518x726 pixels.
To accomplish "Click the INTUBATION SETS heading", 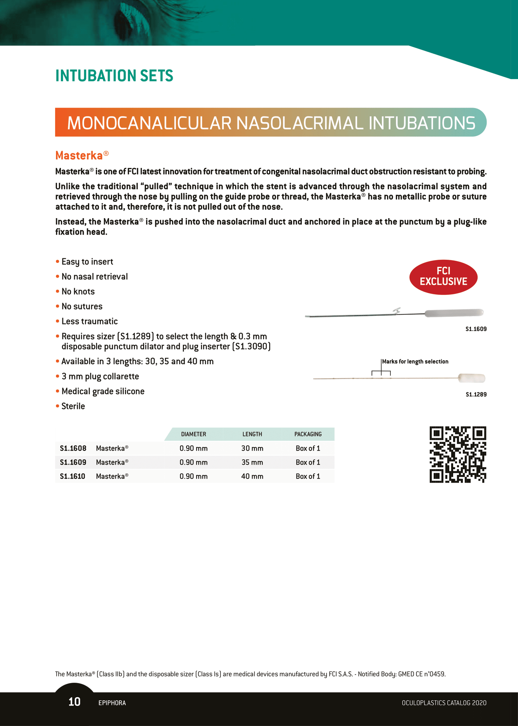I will click(114, 76).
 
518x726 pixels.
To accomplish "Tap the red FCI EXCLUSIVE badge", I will click(443, 277).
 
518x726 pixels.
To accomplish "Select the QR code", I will click(458, 455).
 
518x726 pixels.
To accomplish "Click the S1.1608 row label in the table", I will click(73, 448).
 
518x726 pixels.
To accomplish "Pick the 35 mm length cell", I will click(252, 462).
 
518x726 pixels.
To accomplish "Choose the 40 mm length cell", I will click(252, 476).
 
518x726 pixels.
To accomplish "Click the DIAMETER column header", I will click(194, 434).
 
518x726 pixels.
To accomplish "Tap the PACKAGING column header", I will click(308, 434).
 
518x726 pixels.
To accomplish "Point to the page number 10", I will click(75, 702).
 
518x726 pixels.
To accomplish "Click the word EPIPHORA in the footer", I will click(112, 703).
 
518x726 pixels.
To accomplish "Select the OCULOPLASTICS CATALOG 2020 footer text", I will click(444, 703).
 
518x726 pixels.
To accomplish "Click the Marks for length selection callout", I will click(415, 361).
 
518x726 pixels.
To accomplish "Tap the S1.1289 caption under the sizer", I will click(476, 395).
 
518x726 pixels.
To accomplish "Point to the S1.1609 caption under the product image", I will click(476, 329).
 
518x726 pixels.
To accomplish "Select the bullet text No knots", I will click(78, 292).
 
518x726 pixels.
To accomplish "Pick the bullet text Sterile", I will click(73, 406).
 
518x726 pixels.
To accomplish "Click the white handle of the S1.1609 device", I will click(454, 313).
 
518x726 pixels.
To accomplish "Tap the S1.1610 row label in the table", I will click(73, 476).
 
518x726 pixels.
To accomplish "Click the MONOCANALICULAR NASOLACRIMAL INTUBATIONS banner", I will click(271, 122).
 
